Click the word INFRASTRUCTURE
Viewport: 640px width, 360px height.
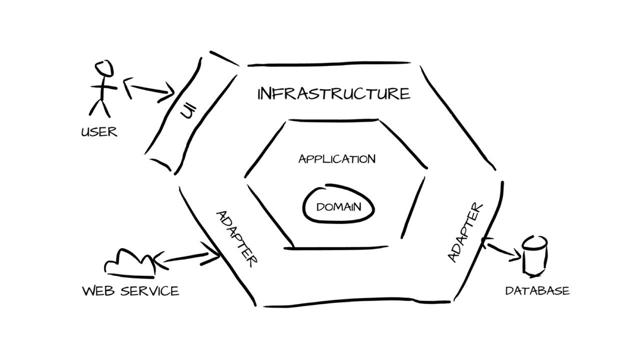(333, 93)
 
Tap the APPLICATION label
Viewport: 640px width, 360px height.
(337, 159)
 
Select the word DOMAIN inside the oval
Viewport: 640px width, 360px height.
(338, 207)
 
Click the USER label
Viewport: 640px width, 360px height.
(99, 132)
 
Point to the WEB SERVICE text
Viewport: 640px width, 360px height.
(130, 291)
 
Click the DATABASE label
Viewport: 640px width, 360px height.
(537, 291)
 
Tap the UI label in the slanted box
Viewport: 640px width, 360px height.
(188, 111)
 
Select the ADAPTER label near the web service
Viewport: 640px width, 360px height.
(237, 239)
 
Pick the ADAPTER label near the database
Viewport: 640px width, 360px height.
(465, 232)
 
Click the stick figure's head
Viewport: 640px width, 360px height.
(104, 68)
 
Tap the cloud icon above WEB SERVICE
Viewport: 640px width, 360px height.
(130, 263)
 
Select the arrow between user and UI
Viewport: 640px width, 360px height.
(149, 89)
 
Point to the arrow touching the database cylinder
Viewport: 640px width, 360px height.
(501, 249)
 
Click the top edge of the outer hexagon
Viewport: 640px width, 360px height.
(329, 63)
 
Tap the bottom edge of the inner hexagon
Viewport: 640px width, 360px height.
(336, 248)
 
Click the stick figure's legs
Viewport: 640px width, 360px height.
(99, 108)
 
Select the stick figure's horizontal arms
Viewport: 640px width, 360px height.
(103, 87)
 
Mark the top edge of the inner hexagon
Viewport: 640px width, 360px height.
(333, 120)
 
